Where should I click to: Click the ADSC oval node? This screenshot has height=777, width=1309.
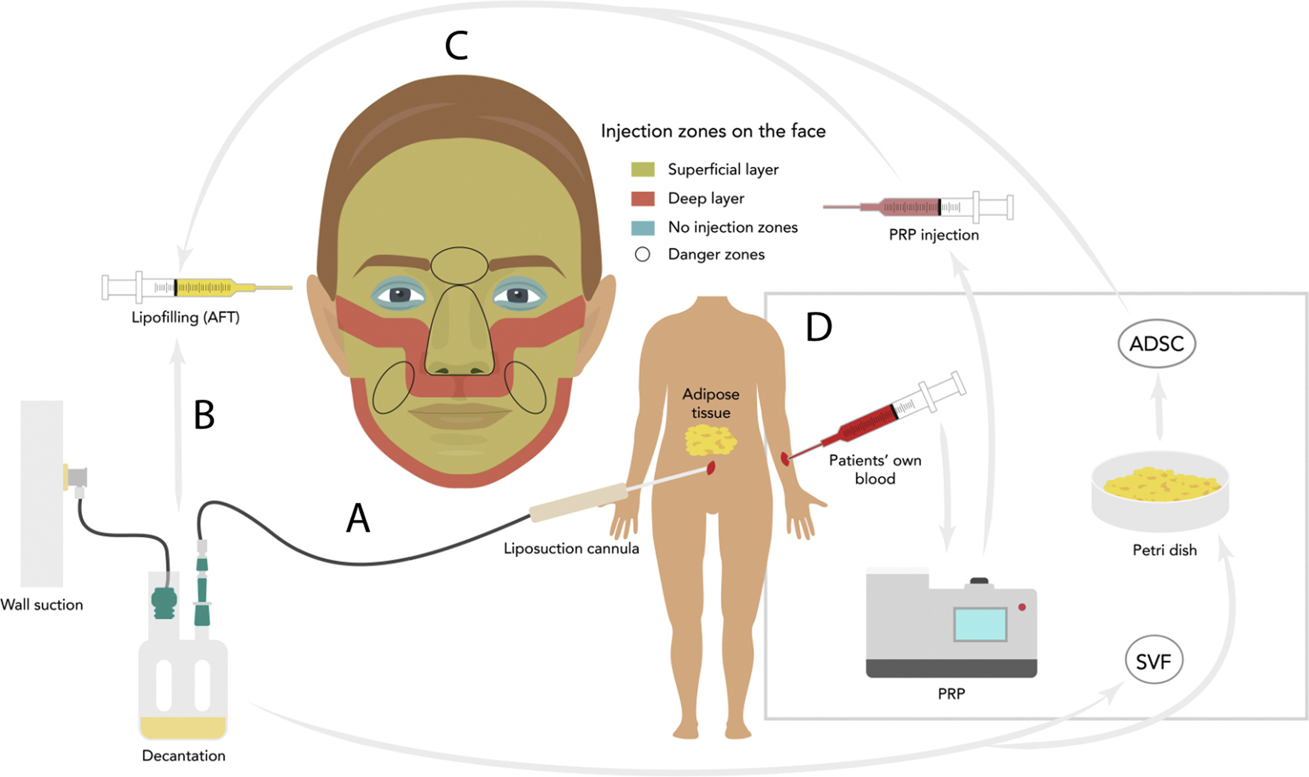pos(1157,344)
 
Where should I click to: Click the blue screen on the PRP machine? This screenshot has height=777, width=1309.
pos(980,624)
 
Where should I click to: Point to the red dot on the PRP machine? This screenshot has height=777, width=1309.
pos(1022,607)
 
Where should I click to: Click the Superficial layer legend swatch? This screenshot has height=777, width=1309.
pos(643,170)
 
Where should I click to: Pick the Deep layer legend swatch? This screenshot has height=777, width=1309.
pos(643,198)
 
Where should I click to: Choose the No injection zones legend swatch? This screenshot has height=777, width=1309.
pos(643,227)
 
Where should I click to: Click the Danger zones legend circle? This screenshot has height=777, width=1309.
pos(642,254)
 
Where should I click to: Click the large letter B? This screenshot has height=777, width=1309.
pos(204,415)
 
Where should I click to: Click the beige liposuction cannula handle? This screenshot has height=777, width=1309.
pos(577,503)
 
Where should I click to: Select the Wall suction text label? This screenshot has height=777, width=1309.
pos(42,605)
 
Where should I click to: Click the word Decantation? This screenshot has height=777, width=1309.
pos(184,755)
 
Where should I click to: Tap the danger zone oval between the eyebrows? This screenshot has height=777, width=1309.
pos(459,266)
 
